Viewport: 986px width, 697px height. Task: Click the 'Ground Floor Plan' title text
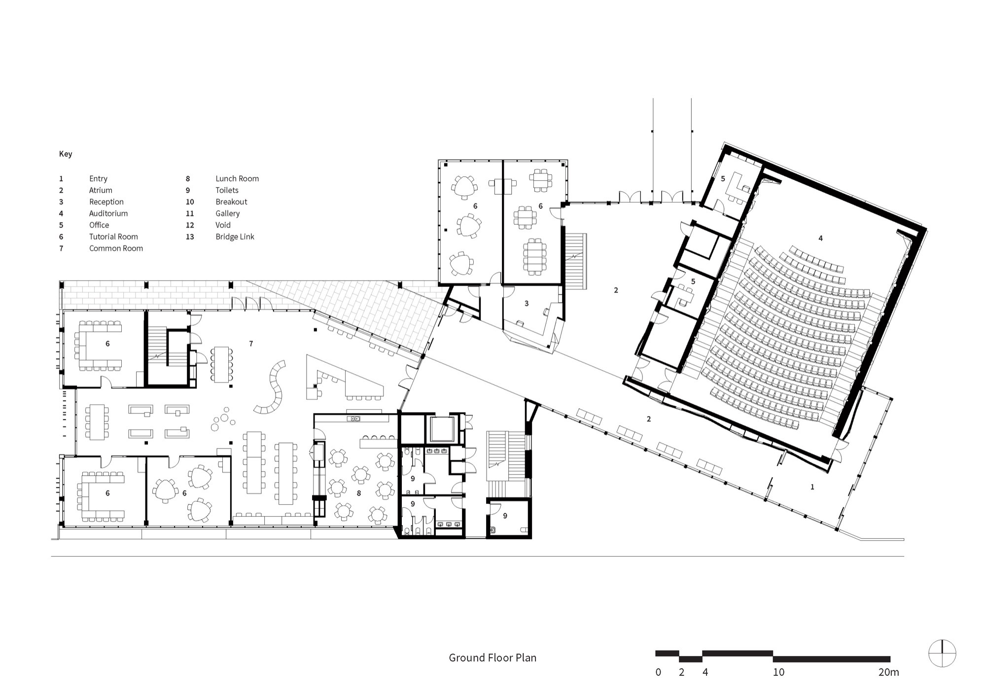click(492, 658)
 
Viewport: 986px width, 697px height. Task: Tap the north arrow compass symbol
click(942, 654)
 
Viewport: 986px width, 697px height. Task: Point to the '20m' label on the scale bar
click(888, 672)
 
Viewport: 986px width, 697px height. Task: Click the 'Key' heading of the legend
click(66, 154)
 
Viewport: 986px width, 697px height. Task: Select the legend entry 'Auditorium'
click(108, 213)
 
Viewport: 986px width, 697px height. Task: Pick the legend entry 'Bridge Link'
click(235, 237)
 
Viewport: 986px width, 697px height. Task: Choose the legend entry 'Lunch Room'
click(237, 178)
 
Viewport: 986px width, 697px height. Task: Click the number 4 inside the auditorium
click(820, 239)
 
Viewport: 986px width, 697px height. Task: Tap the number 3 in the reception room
click(527, 304)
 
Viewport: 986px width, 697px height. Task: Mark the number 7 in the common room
click(251, 344)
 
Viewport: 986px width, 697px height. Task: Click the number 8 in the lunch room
click(359, 493)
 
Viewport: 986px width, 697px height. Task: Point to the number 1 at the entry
click(812, 487)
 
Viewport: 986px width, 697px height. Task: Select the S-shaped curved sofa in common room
click(273, 387)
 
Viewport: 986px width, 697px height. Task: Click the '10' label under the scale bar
click(778, 672)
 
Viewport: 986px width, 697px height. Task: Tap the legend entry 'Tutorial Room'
click(113, 237)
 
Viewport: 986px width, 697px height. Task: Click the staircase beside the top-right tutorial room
click(575, 261)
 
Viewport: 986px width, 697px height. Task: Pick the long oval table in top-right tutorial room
click(535, 256)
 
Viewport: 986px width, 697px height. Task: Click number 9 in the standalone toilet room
click(505, 516)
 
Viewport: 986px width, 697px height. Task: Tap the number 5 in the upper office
click(723, 179)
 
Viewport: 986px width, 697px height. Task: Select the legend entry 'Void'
click(223, 225)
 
